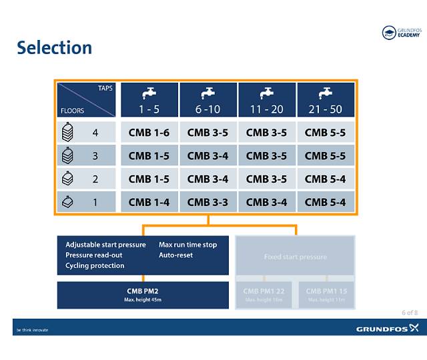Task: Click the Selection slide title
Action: click(x=54, y=48)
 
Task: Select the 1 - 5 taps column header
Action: click(x=149, y=100)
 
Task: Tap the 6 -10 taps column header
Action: click(x=207, y=100)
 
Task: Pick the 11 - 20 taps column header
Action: click(x=266, y=100)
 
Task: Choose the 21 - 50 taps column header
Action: click(x=325, y=100)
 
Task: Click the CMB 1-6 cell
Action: click(x=149, y=133)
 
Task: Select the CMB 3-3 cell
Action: click(x=207, y=202)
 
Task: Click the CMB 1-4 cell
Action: click(x=149, y=202)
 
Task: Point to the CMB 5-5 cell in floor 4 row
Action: click(x=325, y=133)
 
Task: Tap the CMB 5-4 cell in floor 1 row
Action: click(x=325, y=202)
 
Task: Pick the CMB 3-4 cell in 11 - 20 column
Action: click(x=266, y=202)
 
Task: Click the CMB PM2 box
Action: click(x=143, y=294)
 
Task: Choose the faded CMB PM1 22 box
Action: click(x=264, y=294)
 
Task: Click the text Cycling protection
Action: click(x=95, y=265)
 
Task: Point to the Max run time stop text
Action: click(x=187, y=245)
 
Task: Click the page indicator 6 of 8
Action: click(x=410, y=313)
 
